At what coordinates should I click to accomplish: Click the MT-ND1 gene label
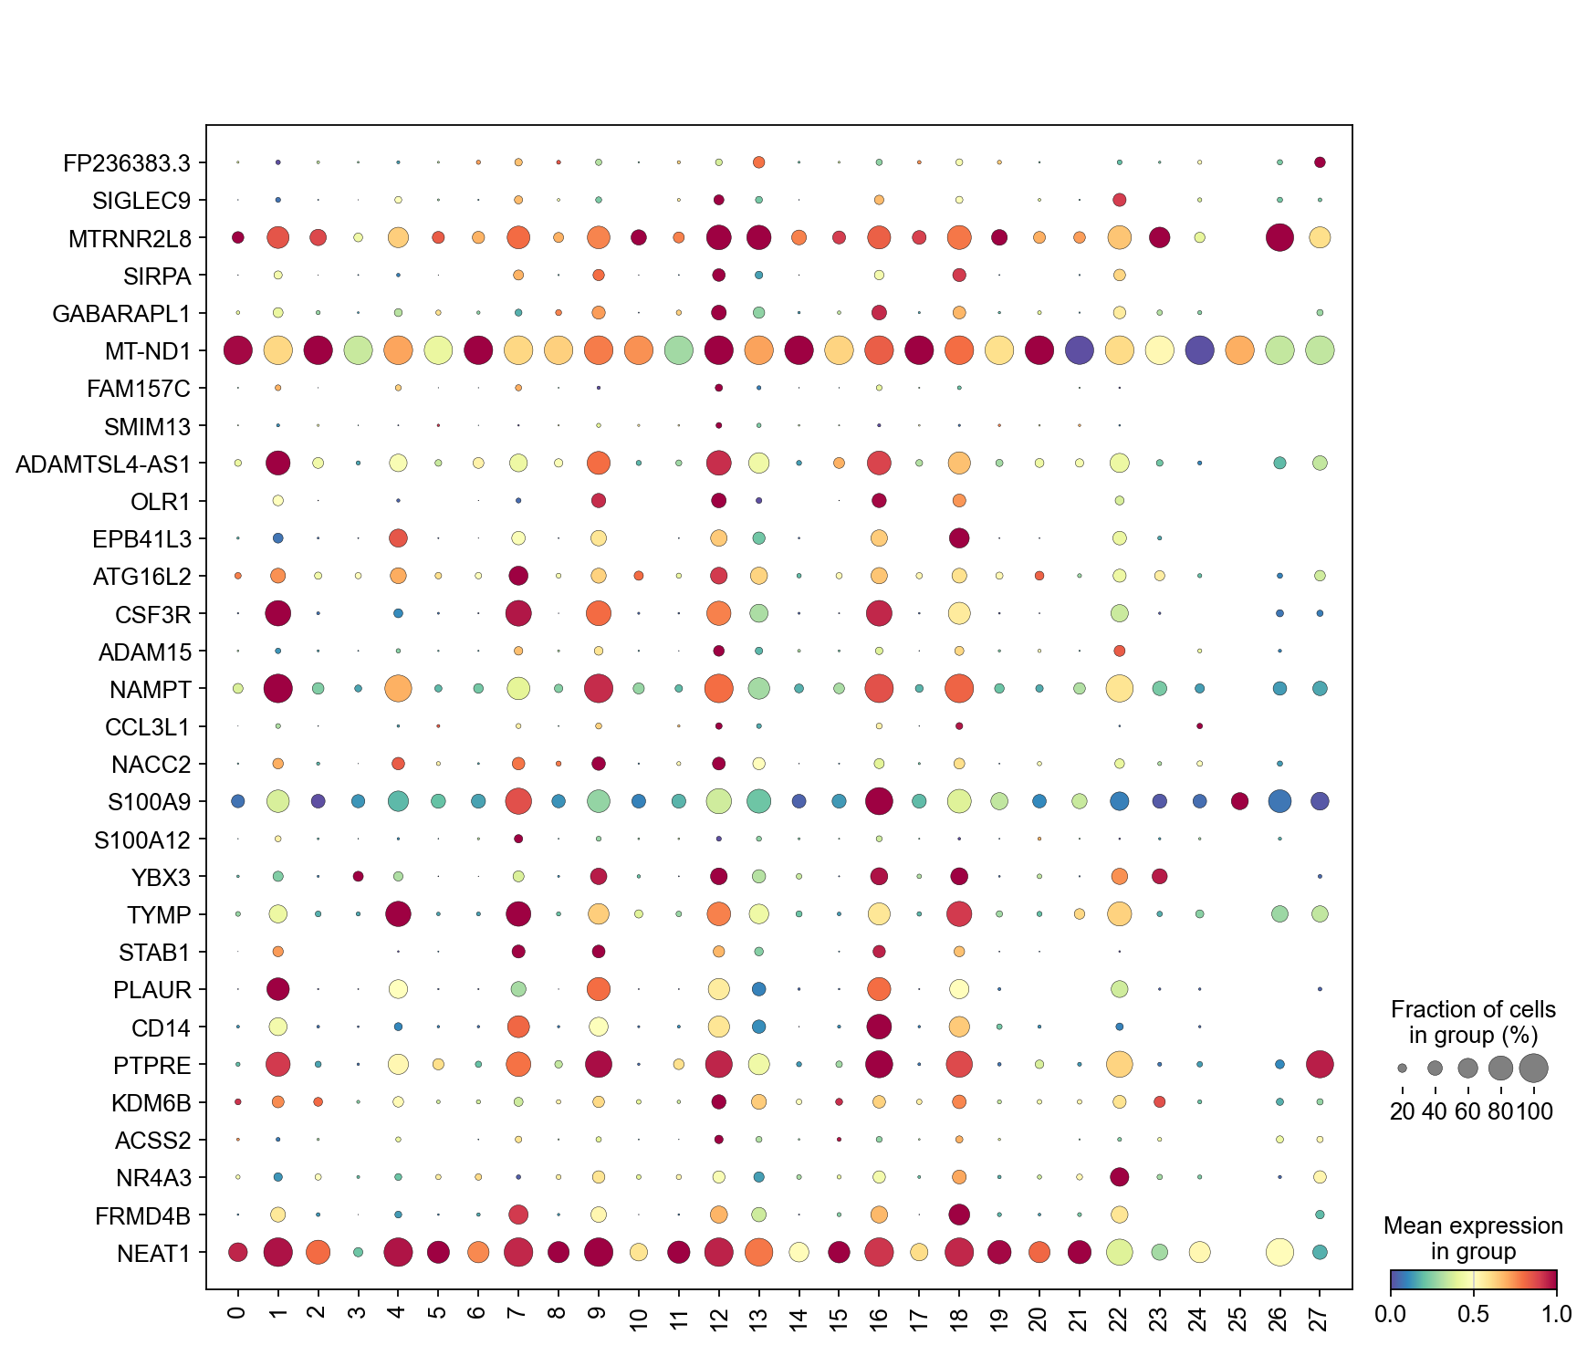pyautogui.click(x=147, y=351)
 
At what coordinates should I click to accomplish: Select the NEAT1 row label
pyautogui.click(x=153, y=1254)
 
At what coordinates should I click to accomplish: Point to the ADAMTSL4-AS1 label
pyautogui.click(x=103, y=464)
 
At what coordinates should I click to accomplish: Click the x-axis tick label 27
pyautogui.click(x=1319, y=1318)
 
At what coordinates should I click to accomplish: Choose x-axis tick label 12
pyautogui.click(x=718, y=1318)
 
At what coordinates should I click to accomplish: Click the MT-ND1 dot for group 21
pyautogui.click(x=1080, y=349)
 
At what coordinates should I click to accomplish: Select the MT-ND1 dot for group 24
pyautogui.click(x=1199, y=349)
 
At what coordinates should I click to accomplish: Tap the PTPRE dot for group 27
pyautogui.click(x=1320, y=1064)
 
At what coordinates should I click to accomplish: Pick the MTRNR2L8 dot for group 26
pyautogui.click(x=1279, y=237)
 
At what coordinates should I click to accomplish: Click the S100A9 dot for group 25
pyautogui.click(x=1239, y=801)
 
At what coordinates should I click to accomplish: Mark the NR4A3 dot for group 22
pyautogui.click(x=1120, y=1177)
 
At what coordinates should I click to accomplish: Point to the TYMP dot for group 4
pyautogui.click(x=398, y=913)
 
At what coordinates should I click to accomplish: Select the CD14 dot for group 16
pyautogui.click(x=879, y=1027)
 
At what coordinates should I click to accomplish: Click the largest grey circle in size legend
pyautogui.click(x=1534, y=1067)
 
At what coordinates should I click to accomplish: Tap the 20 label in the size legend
pyautogui.click(x=1402, y=1110)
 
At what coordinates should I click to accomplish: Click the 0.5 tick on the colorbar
pyautogui.click(x=1473, y=1314)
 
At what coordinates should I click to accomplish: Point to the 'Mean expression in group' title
pyautogui.click(x=1473, y=1238)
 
